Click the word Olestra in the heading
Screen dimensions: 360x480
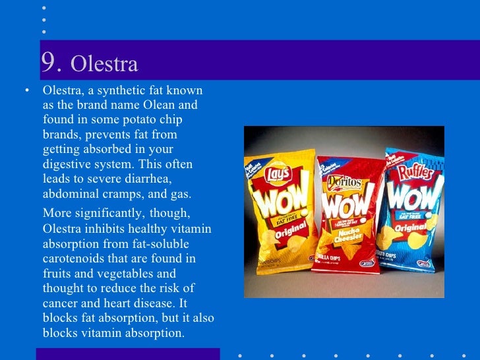coord(104,65)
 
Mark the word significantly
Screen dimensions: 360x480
coord(107,213)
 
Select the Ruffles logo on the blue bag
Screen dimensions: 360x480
coord(413,173)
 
